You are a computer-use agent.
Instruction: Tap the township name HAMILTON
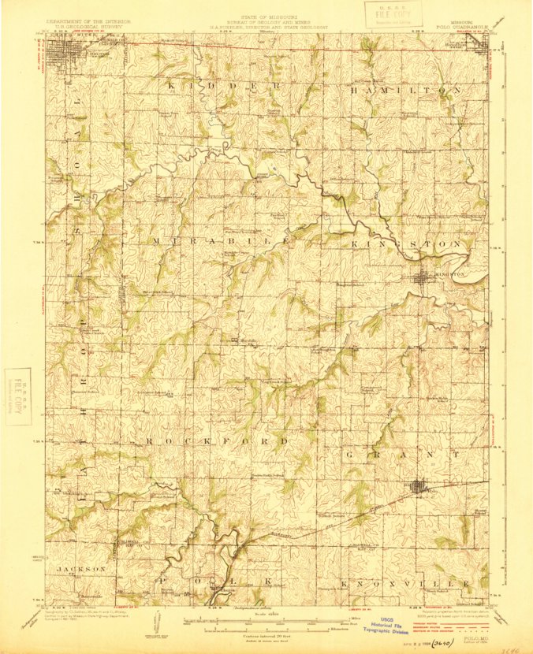pos(403,91)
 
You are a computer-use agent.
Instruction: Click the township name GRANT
pos(402,455)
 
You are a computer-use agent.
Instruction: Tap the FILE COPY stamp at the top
pos(393,14)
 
